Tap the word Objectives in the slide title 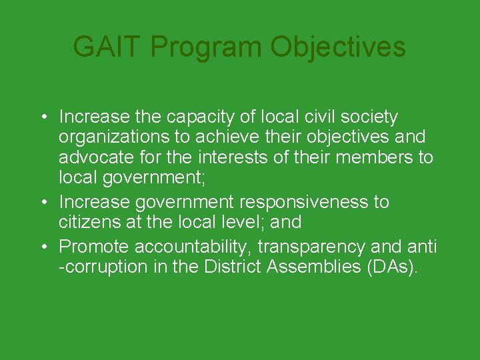tap(338, 47)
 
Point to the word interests tap(239, 159)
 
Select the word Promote tap(94, 247)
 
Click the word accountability tap(193, 247)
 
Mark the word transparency tap(311, 247)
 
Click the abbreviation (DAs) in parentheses tap(397, 267)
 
